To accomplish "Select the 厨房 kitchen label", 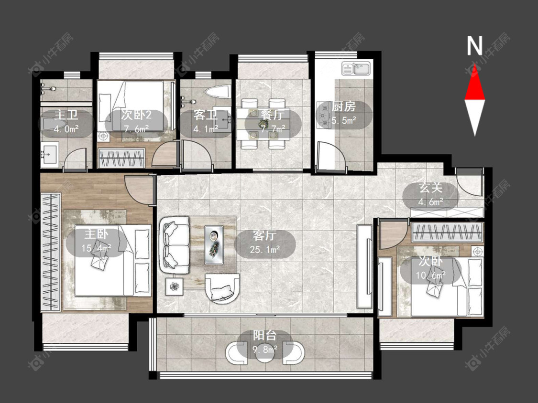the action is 344,106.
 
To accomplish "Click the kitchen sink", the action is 356,69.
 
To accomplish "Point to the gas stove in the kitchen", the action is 323,115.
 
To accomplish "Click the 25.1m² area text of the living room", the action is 264,249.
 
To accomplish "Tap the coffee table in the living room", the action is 214,244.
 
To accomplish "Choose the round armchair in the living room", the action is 222,288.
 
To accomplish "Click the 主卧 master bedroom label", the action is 96,234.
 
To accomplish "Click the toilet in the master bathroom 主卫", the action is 54,123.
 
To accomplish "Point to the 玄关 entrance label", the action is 430,188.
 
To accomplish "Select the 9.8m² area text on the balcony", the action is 265,350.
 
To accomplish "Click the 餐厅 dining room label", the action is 273,115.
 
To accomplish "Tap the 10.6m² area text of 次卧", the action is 430,275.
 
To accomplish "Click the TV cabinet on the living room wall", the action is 364,266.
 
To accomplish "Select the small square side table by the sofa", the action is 175,286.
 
